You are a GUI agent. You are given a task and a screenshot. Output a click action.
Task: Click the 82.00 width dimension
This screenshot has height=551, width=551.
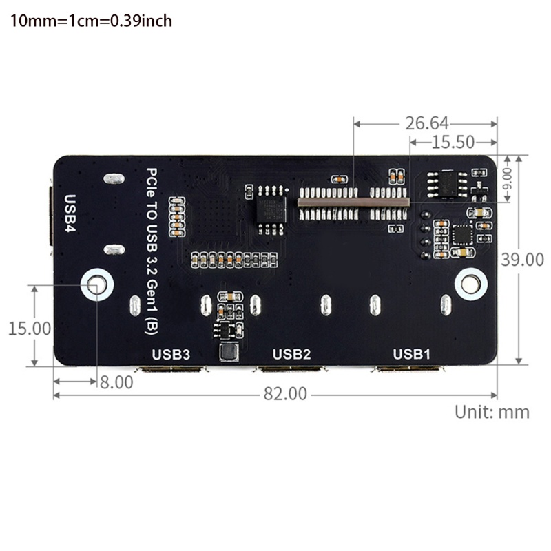[x=284, y=394]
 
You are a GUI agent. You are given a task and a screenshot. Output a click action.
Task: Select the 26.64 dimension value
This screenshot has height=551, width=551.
[x=426, y=123]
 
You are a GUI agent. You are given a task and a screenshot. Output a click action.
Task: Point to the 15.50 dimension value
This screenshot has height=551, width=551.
[x=453, y=143]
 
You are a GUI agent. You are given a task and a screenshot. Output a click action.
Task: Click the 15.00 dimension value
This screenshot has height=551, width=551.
[x=30, y=328]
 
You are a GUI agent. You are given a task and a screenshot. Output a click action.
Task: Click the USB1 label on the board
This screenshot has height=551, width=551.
[x=411, y=354]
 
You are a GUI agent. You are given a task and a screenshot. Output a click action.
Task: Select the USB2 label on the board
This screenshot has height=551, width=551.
[x=292, y=354]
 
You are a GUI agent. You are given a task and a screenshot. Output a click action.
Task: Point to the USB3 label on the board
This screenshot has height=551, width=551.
[x=171, y=354]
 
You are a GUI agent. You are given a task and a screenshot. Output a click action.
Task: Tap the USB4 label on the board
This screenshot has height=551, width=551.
[x=70, y=214]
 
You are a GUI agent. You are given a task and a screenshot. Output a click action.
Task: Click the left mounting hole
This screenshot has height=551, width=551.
[x=97, y=284]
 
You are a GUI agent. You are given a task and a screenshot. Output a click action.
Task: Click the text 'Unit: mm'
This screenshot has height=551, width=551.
[x=492, y=412]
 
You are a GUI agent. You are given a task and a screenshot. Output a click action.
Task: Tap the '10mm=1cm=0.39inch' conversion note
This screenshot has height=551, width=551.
[x=91, y=21]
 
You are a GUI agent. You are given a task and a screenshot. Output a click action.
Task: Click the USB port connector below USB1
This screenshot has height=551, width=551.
[x=408, y=370]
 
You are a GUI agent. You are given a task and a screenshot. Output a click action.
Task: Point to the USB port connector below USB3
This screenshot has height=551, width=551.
[x=172, y=370]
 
